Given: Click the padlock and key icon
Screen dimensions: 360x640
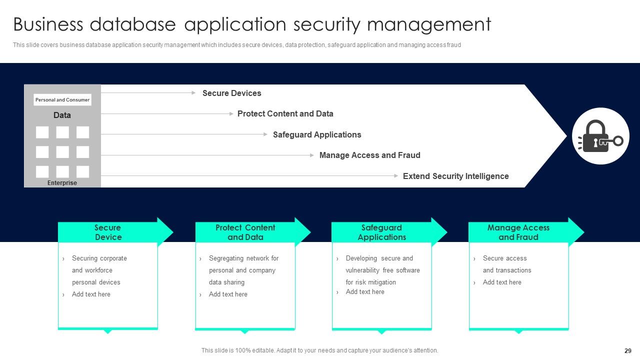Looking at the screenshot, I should [600, 136].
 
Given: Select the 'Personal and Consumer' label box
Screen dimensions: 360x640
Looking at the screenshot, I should [62, 100].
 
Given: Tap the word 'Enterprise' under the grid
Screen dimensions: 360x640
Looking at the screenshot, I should [62, 183].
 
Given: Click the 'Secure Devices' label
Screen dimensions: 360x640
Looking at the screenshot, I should [231, 93].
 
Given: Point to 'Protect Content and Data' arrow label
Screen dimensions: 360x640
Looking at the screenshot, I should [285, 113].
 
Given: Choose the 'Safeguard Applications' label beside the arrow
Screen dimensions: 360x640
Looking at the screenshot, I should [316, 134].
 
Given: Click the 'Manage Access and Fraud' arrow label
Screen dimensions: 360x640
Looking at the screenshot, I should [369, 155].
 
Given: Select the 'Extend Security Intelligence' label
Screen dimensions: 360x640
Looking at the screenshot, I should [455, 176].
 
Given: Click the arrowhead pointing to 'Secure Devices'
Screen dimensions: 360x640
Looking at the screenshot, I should [193, 92].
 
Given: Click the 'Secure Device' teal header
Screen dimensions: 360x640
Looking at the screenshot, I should [108, 232].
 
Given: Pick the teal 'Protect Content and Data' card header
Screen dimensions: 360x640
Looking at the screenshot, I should [245, 232].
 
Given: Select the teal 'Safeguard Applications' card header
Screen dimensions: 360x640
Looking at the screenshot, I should [381, 232].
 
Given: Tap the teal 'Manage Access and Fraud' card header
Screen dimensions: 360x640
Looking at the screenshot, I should [518, 232].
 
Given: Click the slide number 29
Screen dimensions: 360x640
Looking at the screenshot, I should [628, 351].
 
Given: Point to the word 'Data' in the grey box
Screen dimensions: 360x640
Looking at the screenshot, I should [62, 115].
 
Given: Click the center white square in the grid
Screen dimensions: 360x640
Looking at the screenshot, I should [62, 152].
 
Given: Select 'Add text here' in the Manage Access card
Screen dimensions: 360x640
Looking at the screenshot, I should [502, 282].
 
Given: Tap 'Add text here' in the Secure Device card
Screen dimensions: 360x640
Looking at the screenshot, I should [91, 294].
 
